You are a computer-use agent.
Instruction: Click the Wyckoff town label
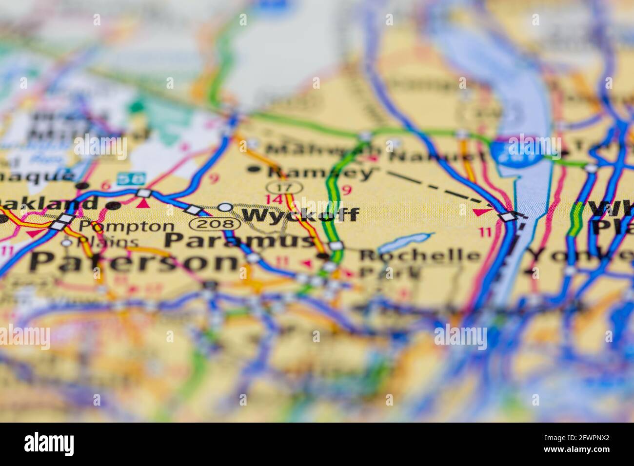300,215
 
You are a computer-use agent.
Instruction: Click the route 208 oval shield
215,224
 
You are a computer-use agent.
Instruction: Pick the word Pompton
126,227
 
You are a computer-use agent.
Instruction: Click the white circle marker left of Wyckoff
225,207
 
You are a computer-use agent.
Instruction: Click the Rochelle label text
420,255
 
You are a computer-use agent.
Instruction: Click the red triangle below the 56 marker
142,204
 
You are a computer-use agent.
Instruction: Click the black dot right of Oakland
114,206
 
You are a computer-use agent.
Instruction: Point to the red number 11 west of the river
485,233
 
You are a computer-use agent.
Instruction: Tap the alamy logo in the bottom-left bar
49,444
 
